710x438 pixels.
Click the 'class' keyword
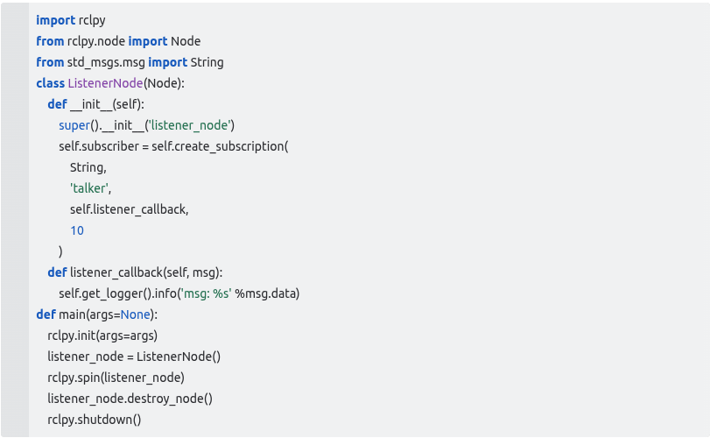[50, 83]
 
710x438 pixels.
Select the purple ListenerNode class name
[104, 83]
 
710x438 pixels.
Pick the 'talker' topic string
[88, 188]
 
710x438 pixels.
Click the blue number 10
[77, 230]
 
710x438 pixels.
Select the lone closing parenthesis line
[61, 251]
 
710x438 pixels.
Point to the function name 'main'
[70, 314]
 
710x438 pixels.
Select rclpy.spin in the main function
[75, 378]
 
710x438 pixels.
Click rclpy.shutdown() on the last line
[94, 420]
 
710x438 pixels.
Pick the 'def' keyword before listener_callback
[56, 272]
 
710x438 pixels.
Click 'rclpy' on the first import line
[92, 20]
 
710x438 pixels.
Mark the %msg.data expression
[274, 293]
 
